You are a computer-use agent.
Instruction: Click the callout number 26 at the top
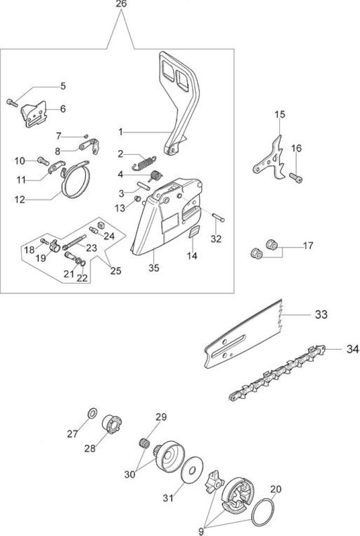pyautogui.click(x=121, y=4)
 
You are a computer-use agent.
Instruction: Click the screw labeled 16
pyautogui.click(x=296, y=178)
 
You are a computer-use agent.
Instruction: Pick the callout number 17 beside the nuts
pyautogui.click(x=308, y=246)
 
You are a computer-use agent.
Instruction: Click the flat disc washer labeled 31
pyautogui.click(x=192, y=471)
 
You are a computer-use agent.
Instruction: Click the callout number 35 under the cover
pyautogui.click(x=154, y=268)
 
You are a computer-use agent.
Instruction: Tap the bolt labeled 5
pyautogui.click(x=12, y=102)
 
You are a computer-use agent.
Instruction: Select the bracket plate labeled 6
pyautogui.click(x=34, y=114)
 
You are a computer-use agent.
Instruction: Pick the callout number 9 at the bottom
pyautogui.click(x=201, y=531)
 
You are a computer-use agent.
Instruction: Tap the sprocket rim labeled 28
pyautogui.click(x=112, y=424)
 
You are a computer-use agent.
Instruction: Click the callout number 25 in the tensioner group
pyautogui.click(x=116, y=271)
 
